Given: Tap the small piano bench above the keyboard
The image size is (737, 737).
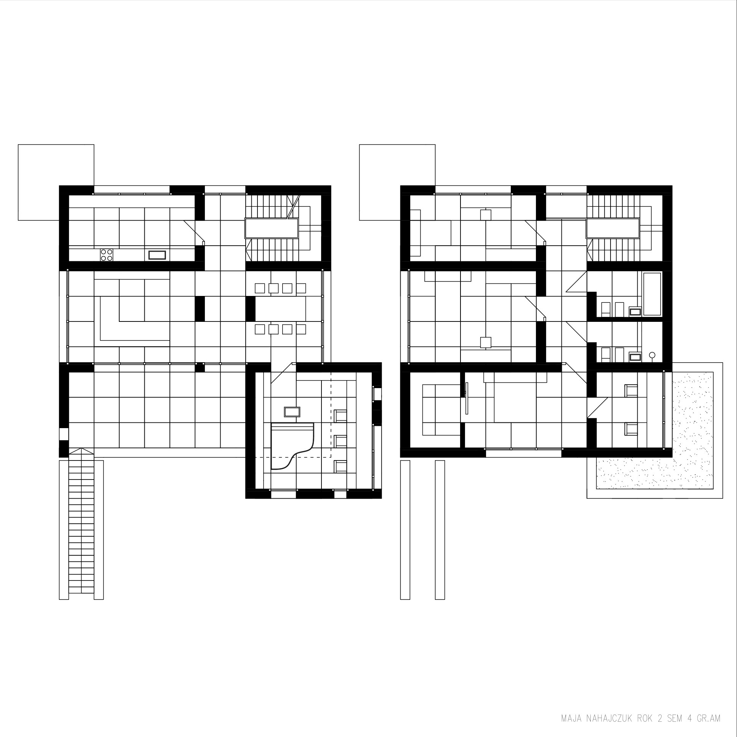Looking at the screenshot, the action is point(292,412).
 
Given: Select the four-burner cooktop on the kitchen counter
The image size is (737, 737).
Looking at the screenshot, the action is point(107,255).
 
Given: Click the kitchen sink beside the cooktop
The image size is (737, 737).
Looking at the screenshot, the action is point(157,255).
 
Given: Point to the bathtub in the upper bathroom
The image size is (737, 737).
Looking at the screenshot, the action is point(652,294).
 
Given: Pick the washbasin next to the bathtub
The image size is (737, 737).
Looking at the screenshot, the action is point(635,312).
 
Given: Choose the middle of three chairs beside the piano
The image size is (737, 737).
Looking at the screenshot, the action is point(340,441).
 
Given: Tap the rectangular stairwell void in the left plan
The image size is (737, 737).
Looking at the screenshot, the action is point(271,229).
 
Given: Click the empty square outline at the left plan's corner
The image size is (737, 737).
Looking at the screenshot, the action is point(56,182).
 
